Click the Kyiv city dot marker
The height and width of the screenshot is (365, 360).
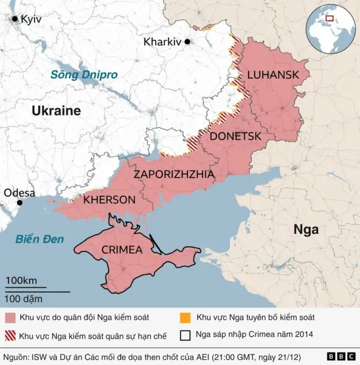[x=15, y=19]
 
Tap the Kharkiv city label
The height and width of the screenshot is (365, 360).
[x=162, y=42]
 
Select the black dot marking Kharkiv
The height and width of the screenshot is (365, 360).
[x=187, y=41]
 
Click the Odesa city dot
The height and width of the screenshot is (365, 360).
[x=20, y=202]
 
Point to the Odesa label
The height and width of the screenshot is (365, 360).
[x=20, y=193]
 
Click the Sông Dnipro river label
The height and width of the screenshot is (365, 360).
[x=84, y=74]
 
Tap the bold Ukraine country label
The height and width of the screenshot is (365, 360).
[x=56, y=111]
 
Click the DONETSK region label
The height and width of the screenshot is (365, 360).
[x=235, y=136]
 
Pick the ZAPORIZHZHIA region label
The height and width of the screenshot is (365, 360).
[x=174, y=174]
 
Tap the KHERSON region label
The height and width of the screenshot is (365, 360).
[x=109, y=200]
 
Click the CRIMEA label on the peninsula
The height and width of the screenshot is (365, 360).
[x=122, y=250]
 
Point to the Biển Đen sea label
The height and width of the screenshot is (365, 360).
[x=39, y=239]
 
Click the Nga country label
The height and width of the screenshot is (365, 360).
[x=306, y=229]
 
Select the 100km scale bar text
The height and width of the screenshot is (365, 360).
[x=21, y=280]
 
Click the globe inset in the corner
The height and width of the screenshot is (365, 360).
[x=329, y=29]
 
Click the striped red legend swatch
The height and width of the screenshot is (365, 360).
[x=10, y=336]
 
